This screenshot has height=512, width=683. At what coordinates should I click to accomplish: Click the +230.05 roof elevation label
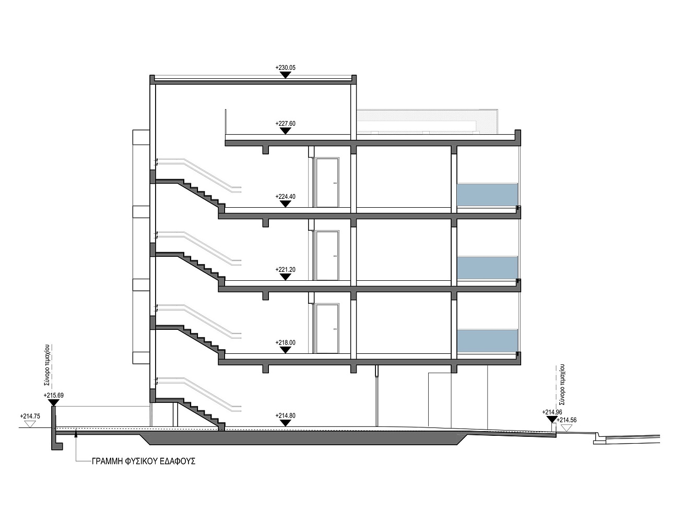pos(285,67)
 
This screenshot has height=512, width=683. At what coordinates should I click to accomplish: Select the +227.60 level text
pos(285,123)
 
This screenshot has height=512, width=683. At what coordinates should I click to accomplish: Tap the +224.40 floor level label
pos(285,196)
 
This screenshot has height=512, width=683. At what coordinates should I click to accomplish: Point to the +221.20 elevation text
pos(285,269)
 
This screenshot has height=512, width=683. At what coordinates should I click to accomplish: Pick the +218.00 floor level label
pos(285,342)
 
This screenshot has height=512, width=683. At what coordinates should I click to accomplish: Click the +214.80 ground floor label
pos(285,415)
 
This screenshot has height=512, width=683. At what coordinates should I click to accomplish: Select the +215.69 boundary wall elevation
pos(53,396)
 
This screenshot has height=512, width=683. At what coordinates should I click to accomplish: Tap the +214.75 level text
pos(30,416)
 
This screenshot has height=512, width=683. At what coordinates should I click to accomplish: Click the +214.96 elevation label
pos(552,412)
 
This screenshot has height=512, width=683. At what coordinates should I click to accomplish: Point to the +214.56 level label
pos(567,420)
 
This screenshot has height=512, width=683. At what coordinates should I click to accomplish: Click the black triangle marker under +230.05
pos(285,75)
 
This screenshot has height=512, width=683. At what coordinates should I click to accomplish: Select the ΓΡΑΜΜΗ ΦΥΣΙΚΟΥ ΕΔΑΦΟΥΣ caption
pos(144,461)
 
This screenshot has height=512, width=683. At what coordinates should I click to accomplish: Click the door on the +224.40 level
pos(327,183)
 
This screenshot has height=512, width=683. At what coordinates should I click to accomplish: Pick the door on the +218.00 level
pos(327,329)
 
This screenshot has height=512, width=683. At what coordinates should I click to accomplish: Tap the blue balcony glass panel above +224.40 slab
pos(487,195)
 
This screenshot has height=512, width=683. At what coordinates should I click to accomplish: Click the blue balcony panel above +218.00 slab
pos(487,341)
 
